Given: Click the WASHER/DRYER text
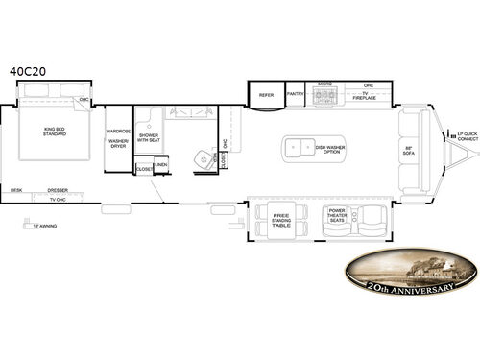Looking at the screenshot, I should (118, 145).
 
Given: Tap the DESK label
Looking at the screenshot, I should (16, 189).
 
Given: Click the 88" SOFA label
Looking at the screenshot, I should (408, 150).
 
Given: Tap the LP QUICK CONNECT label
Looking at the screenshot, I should (466, 136).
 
